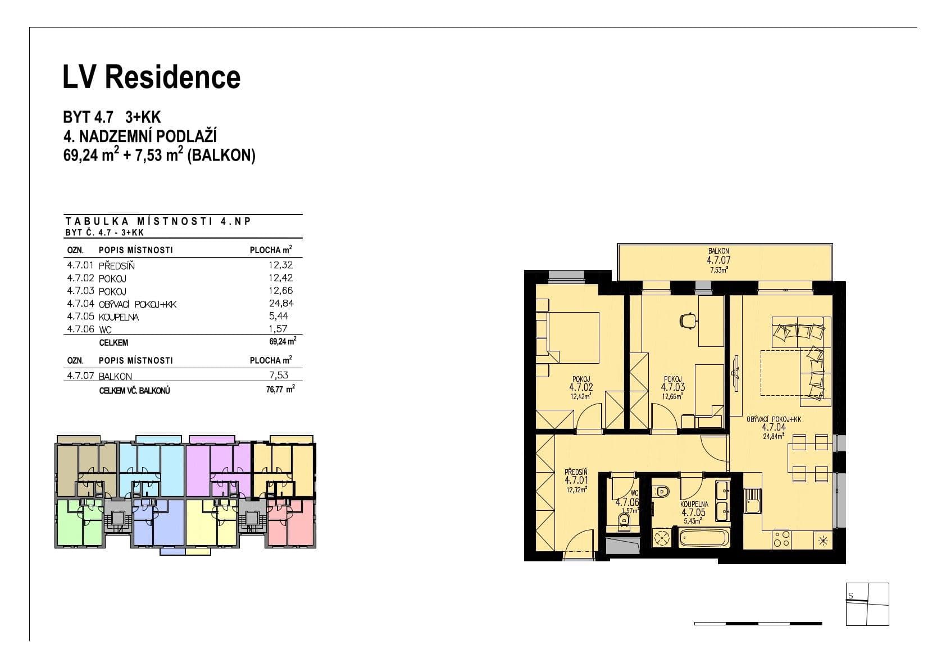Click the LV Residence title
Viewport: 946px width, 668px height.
(x=152, y=77)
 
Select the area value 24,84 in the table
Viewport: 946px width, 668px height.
(x=281, y=304)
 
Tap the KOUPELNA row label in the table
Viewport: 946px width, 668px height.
(x=119, y=317)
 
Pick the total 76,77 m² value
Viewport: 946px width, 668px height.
(x=280, y=388)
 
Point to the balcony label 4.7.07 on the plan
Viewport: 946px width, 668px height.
(x=718, y=260)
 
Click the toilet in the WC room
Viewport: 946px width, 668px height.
(x=624, y=522)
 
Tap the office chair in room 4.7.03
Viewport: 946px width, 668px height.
(x=687, y=320)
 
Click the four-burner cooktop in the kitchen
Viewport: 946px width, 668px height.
(x=781, y=539)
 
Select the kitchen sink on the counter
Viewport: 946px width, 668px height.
(x=752, y=500)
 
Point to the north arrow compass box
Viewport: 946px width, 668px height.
(x=867, y=604)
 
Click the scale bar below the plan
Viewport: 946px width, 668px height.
(x=758, y=624)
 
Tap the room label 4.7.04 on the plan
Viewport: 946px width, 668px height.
(x=774, y=427)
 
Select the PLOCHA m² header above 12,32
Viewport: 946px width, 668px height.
(x=271, y=250)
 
